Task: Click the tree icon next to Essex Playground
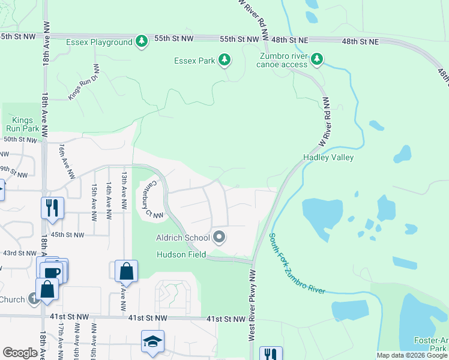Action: [142, 41]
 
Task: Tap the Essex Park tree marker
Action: [224, 59]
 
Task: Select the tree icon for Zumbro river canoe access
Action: [317, 59]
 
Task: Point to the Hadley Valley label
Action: [328, 157]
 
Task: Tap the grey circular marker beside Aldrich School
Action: [219, 238]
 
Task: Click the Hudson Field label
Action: [181, 254]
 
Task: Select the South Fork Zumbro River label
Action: [296, 265]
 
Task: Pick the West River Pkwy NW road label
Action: [253, 305]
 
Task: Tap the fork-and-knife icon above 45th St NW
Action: [52, 208]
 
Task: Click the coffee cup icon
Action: [53, 271]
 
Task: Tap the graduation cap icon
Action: [152, 341]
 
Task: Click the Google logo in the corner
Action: [20, 353]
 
